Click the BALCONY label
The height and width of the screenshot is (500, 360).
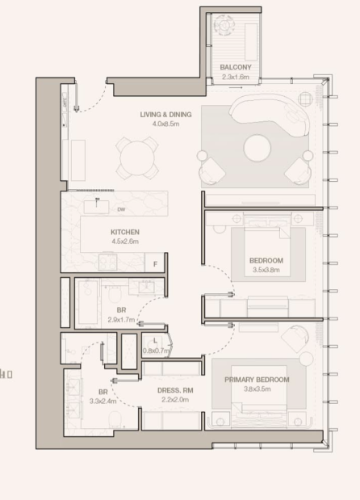[236, 67]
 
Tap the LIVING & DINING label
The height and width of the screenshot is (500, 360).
[166, 115]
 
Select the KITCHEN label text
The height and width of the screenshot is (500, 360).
[125, 232]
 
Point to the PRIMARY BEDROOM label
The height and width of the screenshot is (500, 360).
[257, 380]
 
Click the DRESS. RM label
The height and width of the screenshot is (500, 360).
[175, 390]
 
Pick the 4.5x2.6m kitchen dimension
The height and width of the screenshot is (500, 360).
[125, 242]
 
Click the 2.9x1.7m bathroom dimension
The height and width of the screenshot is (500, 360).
[121, 320]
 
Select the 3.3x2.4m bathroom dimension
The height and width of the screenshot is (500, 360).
[103, 401]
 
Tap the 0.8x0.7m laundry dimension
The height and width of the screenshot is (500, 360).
[155, 351]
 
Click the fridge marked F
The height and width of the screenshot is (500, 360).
[155, 264]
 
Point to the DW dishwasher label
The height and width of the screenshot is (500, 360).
[121, 209]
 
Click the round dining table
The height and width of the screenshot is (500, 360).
[137, 158]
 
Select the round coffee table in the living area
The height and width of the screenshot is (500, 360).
[257, 148]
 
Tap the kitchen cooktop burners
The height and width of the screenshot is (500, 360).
[107, 263]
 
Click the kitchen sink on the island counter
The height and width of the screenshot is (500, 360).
[97, 207]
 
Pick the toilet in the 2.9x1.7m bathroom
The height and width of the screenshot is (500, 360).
[115, 294]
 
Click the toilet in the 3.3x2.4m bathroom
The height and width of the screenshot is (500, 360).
[115, 419]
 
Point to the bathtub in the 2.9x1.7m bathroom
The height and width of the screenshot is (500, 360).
[88, 302]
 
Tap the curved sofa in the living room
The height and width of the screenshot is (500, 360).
[270, 115]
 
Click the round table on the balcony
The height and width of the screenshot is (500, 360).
[224, 25]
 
